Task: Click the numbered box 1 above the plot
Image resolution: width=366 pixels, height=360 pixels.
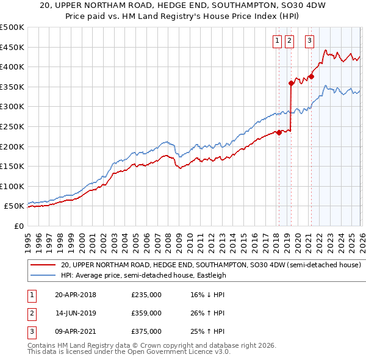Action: pos(277,41)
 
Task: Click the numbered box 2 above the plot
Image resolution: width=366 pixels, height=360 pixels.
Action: pos(289,41)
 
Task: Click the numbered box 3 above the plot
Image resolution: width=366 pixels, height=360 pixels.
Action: pos(310,41)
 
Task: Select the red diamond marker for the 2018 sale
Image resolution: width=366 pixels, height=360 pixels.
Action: pos(279,132)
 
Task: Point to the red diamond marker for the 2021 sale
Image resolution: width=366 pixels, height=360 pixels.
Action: pos(311,77)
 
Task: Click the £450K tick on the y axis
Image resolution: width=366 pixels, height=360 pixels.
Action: pos(12,47)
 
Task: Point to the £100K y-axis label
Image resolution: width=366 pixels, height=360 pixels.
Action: pos(12,186)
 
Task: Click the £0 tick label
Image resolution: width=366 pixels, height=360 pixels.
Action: pos(19,226)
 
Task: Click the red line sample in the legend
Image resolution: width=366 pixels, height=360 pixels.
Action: pos(43,265)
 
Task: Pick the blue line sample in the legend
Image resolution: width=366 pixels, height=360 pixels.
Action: pos(43,275)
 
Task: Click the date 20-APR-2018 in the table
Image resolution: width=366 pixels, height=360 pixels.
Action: pos(75,295)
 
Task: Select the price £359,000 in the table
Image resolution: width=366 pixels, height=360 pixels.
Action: pos(146,313)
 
